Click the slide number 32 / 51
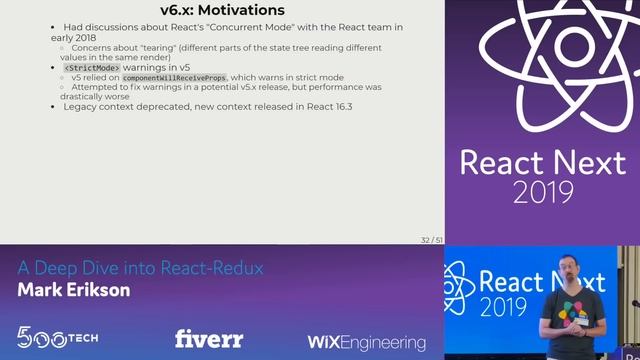coord(432,240)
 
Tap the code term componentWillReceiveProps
coord(174,77)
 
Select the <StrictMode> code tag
coord(92,67)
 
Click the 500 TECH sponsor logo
coord(57,337)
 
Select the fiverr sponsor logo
coord(209,339)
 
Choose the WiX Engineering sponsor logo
coord(366,342)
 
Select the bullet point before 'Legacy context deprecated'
coord(54,106)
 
